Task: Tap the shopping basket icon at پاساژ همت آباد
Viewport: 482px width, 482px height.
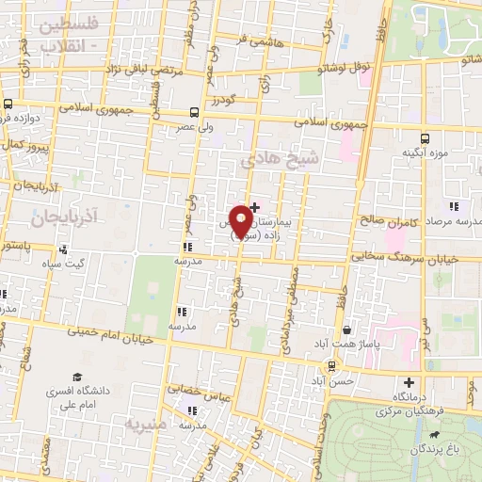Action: click(x=348, y=330)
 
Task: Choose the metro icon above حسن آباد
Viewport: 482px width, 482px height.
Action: click(x=332, y=366)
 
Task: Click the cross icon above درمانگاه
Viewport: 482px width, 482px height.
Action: click(x=409, y=382)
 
